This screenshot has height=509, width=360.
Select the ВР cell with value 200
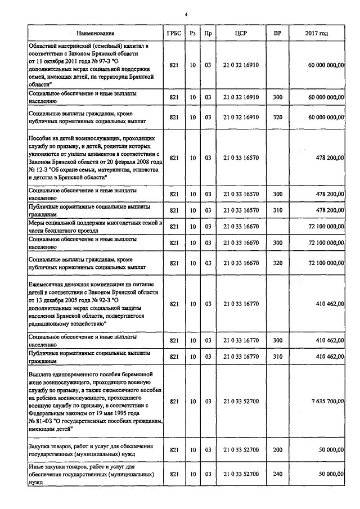(277, 450)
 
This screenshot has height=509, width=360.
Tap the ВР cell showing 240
(277, 475)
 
